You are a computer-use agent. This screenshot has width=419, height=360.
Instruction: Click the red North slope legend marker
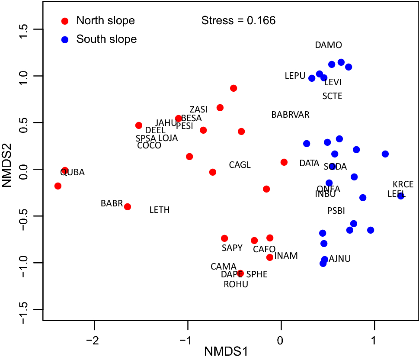coord(65,21)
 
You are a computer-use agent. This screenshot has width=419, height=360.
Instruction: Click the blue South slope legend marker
coord(65,39)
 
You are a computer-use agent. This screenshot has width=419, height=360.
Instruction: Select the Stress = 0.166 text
coord(238,20)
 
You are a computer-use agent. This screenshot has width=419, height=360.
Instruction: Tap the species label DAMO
coord(328,45)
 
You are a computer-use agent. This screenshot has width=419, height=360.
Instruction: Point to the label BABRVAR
coord(290,115)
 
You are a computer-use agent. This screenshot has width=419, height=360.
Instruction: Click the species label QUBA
coord(72,172)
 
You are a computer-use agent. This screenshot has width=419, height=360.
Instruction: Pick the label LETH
coord(159,210)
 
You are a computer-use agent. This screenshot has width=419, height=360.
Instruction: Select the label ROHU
coord(236,284)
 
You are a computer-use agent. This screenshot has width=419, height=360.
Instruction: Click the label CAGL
coord(240,165)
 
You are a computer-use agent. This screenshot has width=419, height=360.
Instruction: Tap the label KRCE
coord(403,184)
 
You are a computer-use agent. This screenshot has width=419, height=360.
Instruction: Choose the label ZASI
coord(198,109)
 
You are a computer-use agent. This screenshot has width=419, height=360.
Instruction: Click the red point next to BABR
coord(128,207)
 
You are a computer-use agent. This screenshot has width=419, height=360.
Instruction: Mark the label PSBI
coord(336,211)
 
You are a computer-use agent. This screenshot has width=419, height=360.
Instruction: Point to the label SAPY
coord(232,248)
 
